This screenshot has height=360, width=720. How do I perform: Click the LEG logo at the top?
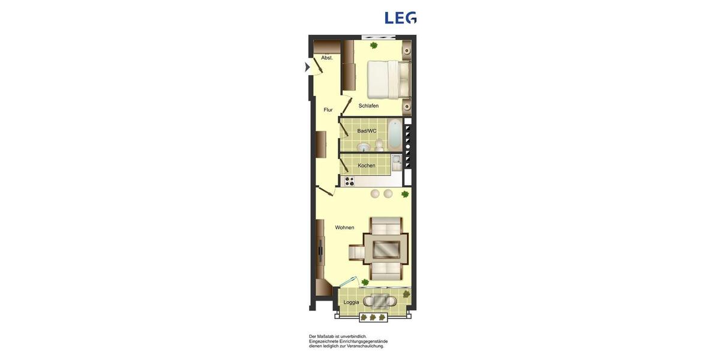click(x=400, y=18)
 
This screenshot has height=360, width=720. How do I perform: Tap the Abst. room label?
click(x=327, y=58)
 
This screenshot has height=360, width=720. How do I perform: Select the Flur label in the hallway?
click(x=328, y=110)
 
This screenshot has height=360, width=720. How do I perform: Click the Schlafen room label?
click(x=368, y=106)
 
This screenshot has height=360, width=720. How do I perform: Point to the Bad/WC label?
click(x=367, y=131)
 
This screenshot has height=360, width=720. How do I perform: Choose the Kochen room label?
click(x=367, y=166)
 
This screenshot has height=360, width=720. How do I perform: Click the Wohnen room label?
click(x=344, y=227)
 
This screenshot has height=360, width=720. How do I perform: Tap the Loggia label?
click(x=351, y=302)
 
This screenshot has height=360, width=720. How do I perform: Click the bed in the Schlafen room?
click(x=388, y=79)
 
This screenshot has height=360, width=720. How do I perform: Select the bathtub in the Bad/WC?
click(x=394, y=136)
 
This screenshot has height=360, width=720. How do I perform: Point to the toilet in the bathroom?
click(x=379, y=145)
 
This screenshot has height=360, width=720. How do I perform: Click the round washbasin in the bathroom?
click(x=363, y=147)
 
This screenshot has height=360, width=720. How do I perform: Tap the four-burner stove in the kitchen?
click(x=348, y=180)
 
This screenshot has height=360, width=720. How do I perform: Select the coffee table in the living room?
click(x=386, y=249)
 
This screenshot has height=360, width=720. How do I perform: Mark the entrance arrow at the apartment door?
click(x=307, y=67)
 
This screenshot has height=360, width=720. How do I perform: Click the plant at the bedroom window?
click(x=374, y=45)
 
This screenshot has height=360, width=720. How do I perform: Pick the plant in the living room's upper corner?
click(x=405, y=194)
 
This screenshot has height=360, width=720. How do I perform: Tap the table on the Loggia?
click(x=380, y=301)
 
